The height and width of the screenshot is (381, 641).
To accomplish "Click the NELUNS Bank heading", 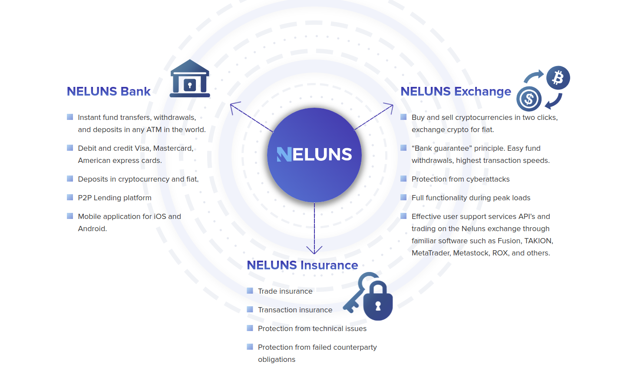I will (x=109, y=92).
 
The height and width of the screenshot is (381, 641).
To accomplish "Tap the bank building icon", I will (x=190, y=79).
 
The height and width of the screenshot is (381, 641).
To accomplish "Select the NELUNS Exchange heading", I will (x=456, y=92).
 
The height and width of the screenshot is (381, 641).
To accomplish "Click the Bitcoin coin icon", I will (x=558, y=78).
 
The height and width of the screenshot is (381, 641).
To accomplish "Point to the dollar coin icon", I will (x=529, y=99).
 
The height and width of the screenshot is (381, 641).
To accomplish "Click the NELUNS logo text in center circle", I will (x=314, y=155).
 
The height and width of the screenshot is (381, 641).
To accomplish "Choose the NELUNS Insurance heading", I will (x=302, y=265).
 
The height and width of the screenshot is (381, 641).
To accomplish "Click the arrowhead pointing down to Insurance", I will (x=314, y=250).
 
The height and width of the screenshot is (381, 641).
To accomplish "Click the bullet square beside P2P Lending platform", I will (x=70, y=198).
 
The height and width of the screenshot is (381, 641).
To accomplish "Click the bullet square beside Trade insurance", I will (x=250, y=291).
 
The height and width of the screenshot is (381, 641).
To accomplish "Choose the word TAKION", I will (x=539, y=241).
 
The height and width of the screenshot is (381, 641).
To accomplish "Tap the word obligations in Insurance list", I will (x=277, y=360).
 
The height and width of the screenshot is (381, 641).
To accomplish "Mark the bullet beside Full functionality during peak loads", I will (x=403, y=198).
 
